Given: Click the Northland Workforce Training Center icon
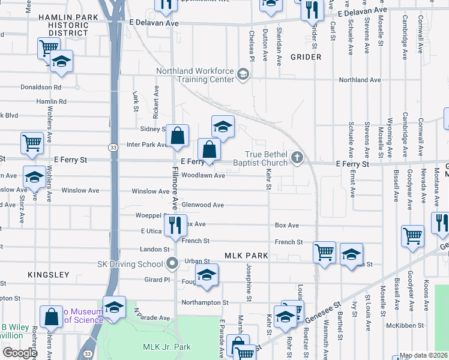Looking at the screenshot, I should (243, 74).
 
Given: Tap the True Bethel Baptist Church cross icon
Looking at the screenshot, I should (296, 158).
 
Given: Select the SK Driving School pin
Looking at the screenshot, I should (173, 263).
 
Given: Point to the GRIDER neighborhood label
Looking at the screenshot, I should (306, 57).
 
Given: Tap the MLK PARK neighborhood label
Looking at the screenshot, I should (246, 256).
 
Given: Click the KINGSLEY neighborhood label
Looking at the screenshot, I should (49, 274).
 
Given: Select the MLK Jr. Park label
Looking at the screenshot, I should (166, 347).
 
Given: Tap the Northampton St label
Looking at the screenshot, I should (205, 303).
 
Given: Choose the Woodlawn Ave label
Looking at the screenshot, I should (203, 176).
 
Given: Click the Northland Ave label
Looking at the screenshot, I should (360, 80).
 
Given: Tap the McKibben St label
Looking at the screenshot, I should (401, 326).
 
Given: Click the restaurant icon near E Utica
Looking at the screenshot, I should (175, 225).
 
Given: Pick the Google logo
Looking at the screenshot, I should (19, 353).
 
